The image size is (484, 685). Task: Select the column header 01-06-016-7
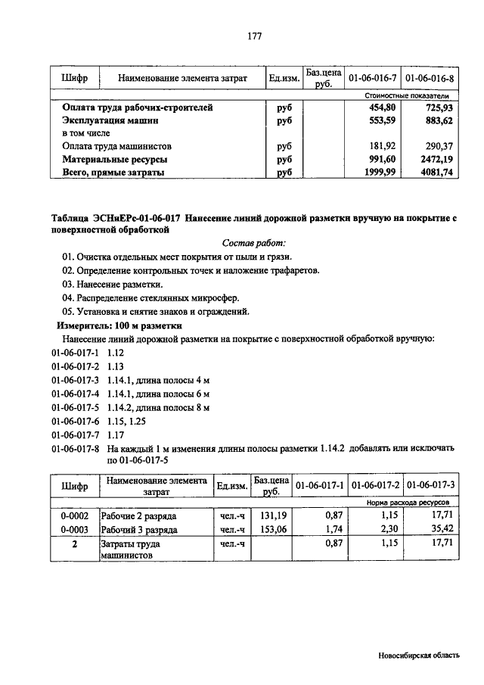click(371, 78)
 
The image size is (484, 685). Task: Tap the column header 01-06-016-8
click(430, 78)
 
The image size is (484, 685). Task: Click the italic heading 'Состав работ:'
click(254, 244)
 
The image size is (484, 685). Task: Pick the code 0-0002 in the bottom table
click(75, 515)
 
